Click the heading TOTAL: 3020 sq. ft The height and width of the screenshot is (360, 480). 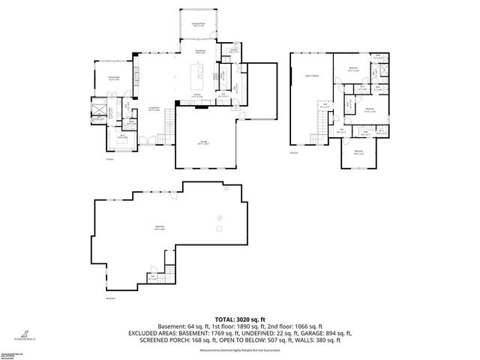coord(239,319)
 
